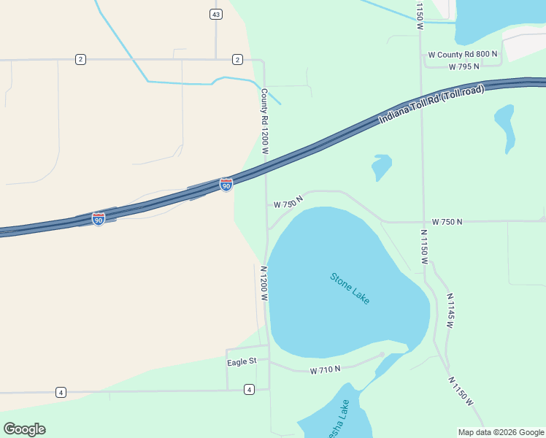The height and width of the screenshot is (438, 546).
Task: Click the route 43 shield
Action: [215, 15]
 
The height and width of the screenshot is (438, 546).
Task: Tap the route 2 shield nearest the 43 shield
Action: [237, 59]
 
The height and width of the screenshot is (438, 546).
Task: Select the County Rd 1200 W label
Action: [265, 121]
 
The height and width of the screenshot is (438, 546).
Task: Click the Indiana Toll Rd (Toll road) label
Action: [431, 104]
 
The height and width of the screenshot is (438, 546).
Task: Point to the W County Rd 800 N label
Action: [463, 54]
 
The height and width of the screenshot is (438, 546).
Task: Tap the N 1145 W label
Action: [450, 310]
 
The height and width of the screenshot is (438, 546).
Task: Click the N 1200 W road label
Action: [264, 283]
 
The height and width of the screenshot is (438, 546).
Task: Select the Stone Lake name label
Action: [350, 288]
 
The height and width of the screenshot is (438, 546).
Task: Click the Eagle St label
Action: [242, 361]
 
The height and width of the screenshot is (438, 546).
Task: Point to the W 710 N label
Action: [325, 370]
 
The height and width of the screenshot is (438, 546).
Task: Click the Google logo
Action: [24, 429]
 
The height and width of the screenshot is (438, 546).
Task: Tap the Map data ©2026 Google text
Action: [501, 432]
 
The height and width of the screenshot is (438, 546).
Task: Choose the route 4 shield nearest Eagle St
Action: [250, 389]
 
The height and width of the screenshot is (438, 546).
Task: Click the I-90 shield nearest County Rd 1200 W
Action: [226, 185]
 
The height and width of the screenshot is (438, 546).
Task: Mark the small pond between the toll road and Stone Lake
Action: [381, 167]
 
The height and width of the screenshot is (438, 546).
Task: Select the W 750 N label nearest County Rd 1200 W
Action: [288, 202]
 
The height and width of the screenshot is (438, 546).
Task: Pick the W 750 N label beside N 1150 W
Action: [447, 221]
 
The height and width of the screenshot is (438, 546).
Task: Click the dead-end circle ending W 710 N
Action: [382, 355]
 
